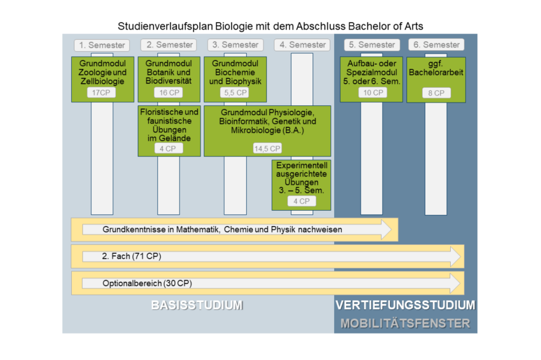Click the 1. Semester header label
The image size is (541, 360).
click(x=102, y=45)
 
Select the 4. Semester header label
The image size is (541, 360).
click(x=302, y=45)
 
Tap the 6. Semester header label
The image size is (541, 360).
click(x=437, y=45)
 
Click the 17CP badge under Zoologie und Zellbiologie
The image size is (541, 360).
click(x=101, y=93)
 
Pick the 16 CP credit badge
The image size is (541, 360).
click(x=169, y=93)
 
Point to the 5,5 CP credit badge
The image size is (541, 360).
click(x=235, y=93)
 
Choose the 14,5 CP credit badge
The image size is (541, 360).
click(x=267, y=148)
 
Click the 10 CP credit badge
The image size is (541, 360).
click(x=373, y=93)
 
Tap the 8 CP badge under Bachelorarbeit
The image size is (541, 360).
click(x=437, y=93)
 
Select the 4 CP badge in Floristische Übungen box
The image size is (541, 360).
click(x=169, y=148)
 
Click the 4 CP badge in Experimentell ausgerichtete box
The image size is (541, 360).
click(x=302, y=202)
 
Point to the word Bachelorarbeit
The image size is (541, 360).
click(x=436, y=72)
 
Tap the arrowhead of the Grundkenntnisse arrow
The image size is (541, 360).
click(x=386, y=230)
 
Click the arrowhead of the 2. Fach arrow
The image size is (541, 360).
click(x=456, y=257)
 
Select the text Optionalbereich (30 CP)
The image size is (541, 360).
click(x=148, y=283)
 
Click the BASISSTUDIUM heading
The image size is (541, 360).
click(x=197, y=305)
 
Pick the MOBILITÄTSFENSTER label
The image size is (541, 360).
click(x=405, y=323)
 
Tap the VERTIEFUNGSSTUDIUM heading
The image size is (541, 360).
click(x=405, y=305)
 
